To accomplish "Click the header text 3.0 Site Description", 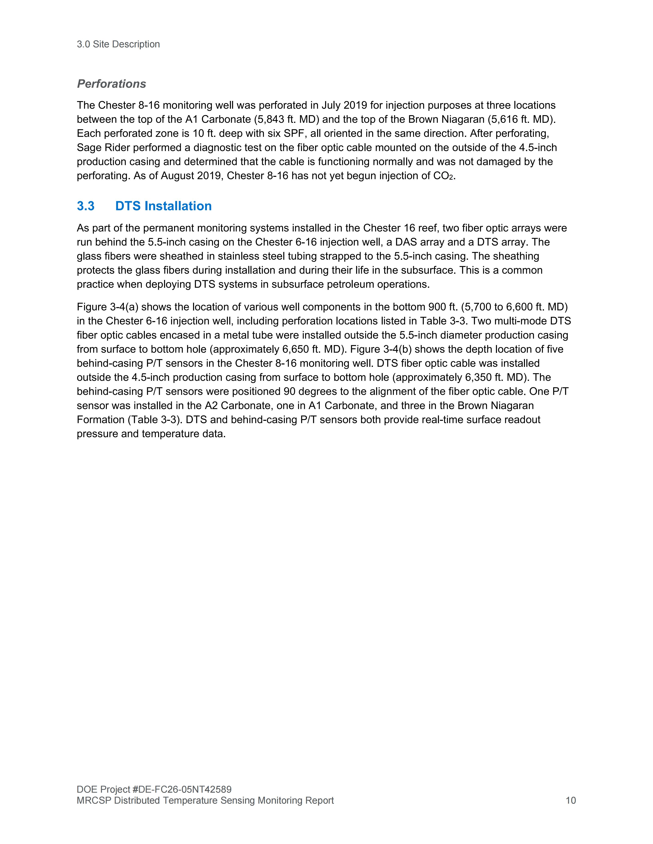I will pos(118,44).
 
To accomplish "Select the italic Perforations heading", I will pos(111,84).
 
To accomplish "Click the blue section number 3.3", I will pos(85,206).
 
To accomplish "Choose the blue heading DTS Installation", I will pos(163,206).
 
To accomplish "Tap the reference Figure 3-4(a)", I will pos(108,307).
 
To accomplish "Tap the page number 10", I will pos(571,800).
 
